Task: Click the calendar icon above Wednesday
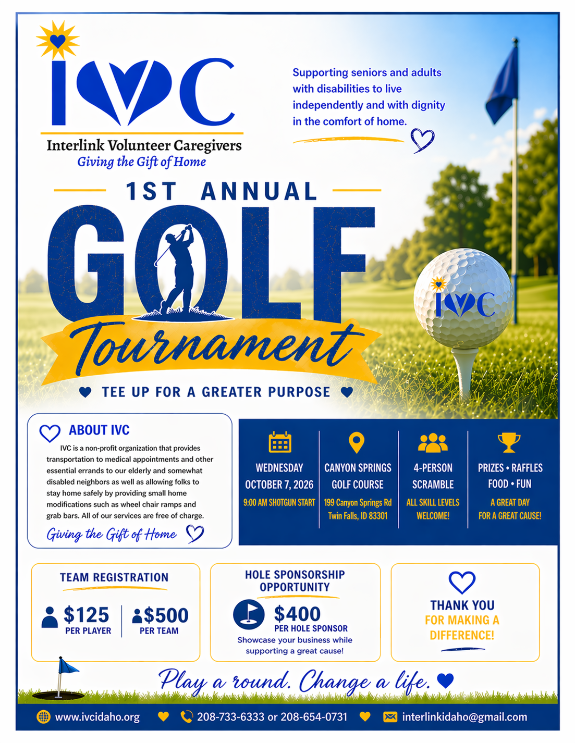point(280,442)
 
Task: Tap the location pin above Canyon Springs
point(356,442)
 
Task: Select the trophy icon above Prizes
point(509,442)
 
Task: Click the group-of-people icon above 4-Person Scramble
point(433,443)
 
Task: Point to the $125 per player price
point(86,615)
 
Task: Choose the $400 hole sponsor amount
point(297,614)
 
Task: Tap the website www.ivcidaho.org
point(97,717)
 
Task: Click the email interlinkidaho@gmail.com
point(464,717)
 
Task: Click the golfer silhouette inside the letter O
point(179,271)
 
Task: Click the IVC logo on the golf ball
point(463,303)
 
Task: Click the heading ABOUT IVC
point(99,430)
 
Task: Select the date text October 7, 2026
point(279,485)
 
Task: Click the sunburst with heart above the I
point(58,40)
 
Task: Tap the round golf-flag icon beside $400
point(249,614)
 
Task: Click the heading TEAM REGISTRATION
point(114,577)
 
